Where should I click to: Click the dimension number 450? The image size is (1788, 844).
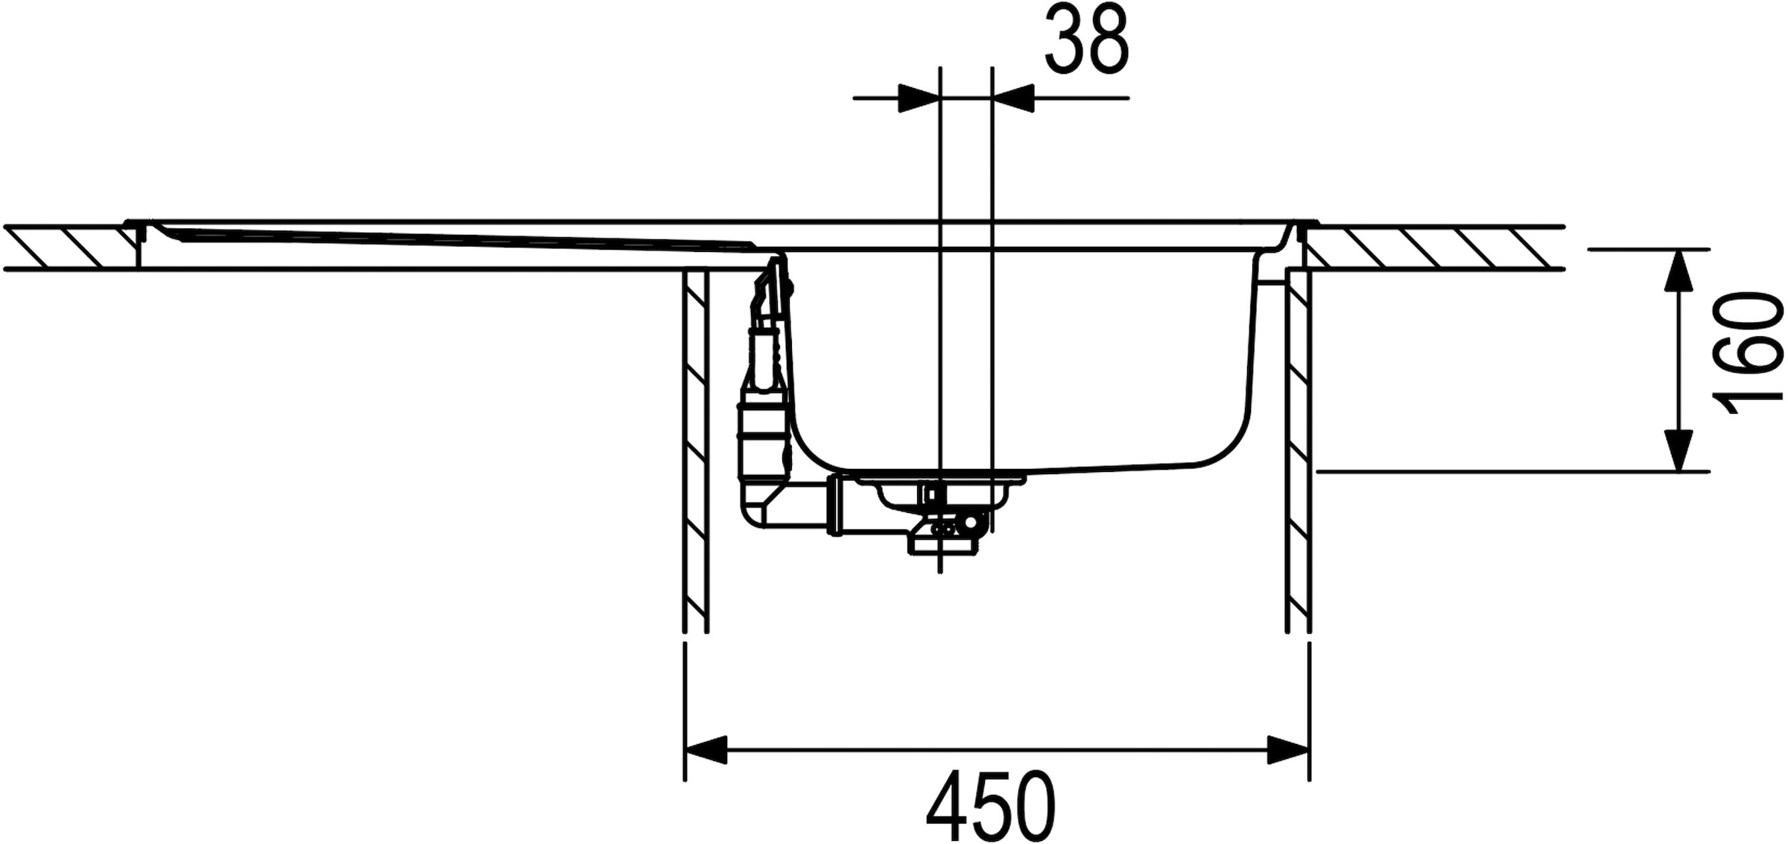pyautogui.click(x=991, y=807)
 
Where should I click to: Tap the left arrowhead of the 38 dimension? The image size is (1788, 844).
pyautogui.click(x=919, y=98)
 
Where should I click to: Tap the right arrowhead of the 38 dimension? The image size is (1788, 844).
pyautogui.click(x=1014, y=98)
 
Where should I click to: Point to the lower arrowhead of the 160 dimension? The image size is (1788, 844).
pyautogui.click(x=1678, y=450)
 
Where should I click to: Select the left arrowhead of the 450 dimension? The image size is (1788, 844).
pyautogui.click(x=706, y=749)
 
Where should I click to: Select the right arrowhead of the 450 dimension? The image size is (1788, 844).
pyautogui.click(x=1288, y=749)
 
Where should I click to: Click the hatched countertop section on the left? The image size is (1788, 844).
pyautogui.click(x=71, y=247)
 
